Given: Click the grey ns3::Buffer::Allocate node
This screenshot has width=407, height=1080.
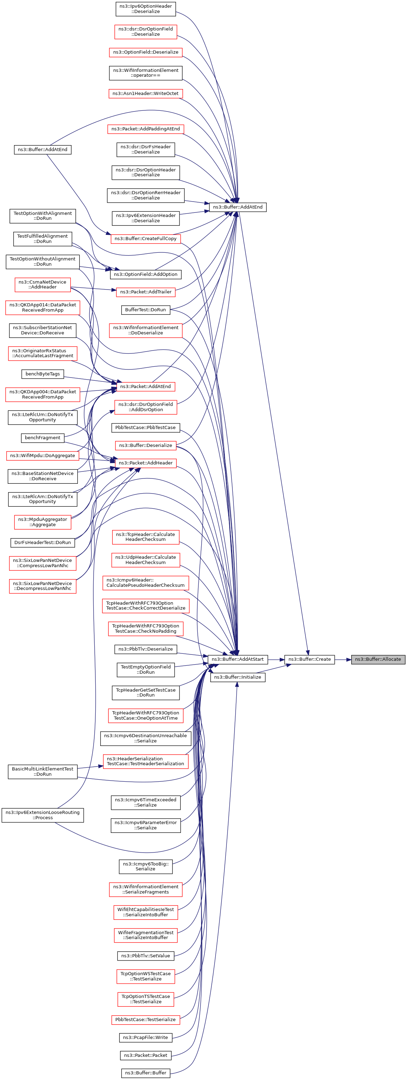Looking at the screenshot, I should click(378, 659).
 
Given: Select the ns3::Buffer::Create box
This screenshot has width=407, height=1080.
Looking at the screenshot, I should click(309, 659).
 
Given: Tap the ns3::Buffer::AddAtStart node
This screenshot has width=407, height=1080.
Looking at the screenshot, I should click(237, 659).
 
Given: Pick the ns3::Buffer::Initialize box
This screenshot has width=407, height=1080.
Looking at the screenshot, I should click(237, 677).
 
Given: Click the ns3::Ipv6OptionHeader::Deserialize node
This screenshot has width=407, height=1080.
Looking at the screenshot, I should click(145, 9).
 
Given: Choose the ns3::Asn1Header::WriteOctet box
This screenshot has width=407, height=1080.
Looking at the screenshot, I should click(145, 94).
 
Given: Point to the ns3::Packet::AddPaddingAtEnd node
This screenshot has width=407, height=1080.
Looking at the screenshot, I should click(145, 129).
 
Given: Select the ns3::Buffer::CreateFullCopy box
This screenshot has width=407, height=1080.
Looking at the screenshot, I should click(145, 239).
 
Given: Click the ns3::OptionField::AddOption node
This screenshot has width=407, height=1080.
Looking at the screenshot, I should click(145, 274).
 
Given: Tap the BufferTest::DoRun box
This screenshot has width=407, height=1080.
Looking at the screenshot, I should click(145, 310).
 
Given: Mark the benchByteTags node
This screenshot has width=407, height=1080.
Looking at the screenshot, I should click(42, 374).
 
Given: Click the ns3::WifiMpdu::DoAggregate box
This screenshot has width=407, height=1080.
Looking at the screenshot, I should click(42, 455).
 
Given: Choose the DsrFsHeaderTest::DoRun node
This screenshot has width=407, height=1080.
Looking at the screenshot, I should click(42, 543).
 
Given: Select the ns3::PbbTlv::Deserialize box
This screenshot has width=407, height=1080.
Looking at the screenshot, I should click(145, 649).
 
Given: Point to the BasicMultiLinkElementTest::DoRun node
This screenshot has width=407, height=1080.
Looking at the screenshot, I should click(42, 772).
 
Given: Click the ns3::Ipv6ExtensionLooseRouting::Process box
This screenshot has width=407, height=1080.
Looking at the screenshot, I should click(42, 815).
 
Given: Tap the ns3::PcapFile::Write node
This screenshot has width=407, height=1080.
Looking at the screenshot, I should click(145, 1037).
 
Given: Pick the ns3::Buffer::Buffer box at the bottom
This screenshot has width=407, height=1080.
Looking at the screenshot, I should click(145, 1073).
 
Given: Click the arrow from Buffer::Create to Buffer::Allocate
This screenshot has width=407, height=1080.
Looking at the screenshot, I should click(343, 659).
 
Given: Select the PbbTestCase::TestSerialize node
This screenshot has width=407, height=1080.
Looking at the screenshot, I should click(145, 1020).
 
